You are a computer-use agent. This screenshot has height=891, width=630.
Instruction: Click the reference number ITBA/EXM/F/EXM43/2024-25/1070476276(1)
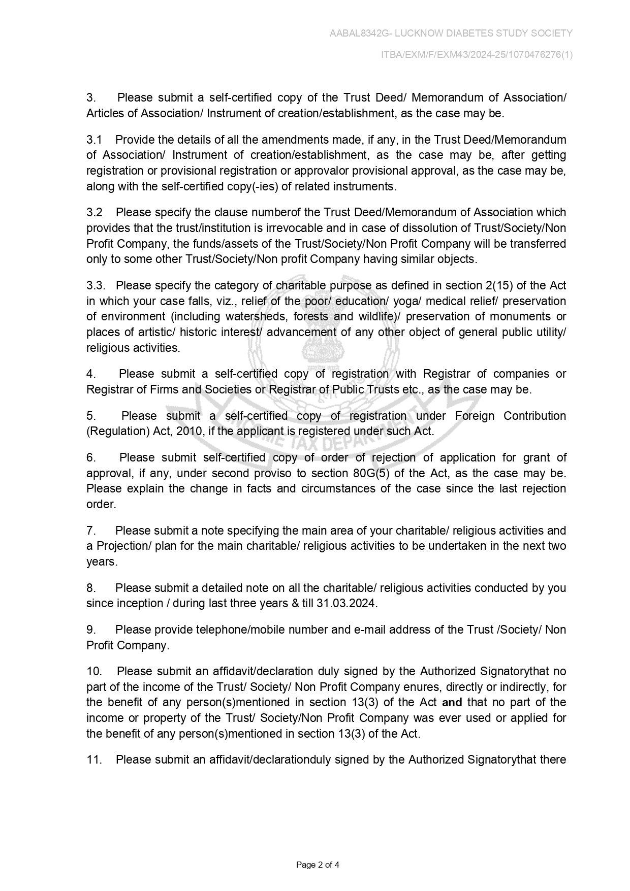(477, 55)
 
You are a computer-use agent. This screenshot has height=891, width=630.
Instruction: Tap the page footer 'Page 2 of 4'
(318, 865)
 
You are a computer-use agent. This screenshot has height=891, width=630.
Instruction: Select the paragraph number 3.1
(94, 140)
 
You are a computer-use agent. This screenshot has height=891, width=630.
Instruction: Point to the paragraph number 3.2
(94, 212)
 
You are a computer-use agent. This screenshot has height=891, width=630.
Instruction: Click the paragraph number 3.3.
(96, 285)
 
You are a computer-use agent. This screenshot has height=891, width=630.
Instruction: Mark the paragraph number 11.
(94, 760)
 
